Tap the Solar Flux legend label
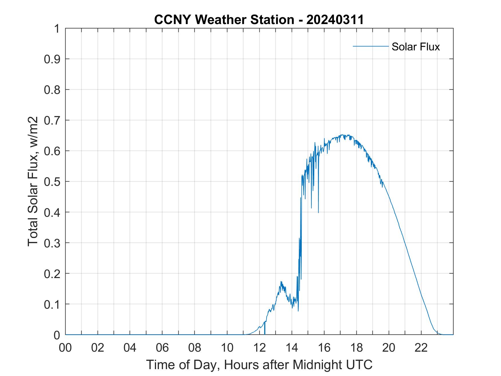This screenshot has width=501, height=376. click(415, 47)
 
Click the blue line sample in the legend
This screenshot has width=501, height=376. click(370, 46)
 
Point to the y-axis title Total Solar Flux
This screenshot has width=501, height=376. click(33, 181)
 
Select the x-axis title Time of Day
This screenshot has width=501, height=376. click(259, 365)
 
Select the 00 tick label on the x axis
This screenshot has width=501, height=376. click(65, 348)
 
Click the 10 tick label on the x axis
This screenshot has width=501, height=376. click(227, 348)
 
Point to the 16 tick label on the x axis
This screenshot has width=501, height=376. click(324, 348)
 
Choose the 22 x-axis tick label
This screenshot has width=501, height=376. click(421, 348)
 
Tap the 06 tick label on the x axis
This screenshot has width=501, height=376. click(162, 348)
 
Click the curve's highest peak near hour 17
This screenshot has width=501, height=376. click(342, 135)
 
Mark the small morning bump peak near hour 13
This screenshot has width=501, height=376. click(281, 281)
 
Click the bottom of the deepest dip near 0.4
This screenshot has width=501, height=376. click(318, 212)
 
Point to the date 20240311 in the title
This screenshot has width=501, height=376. click(335, 20)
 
